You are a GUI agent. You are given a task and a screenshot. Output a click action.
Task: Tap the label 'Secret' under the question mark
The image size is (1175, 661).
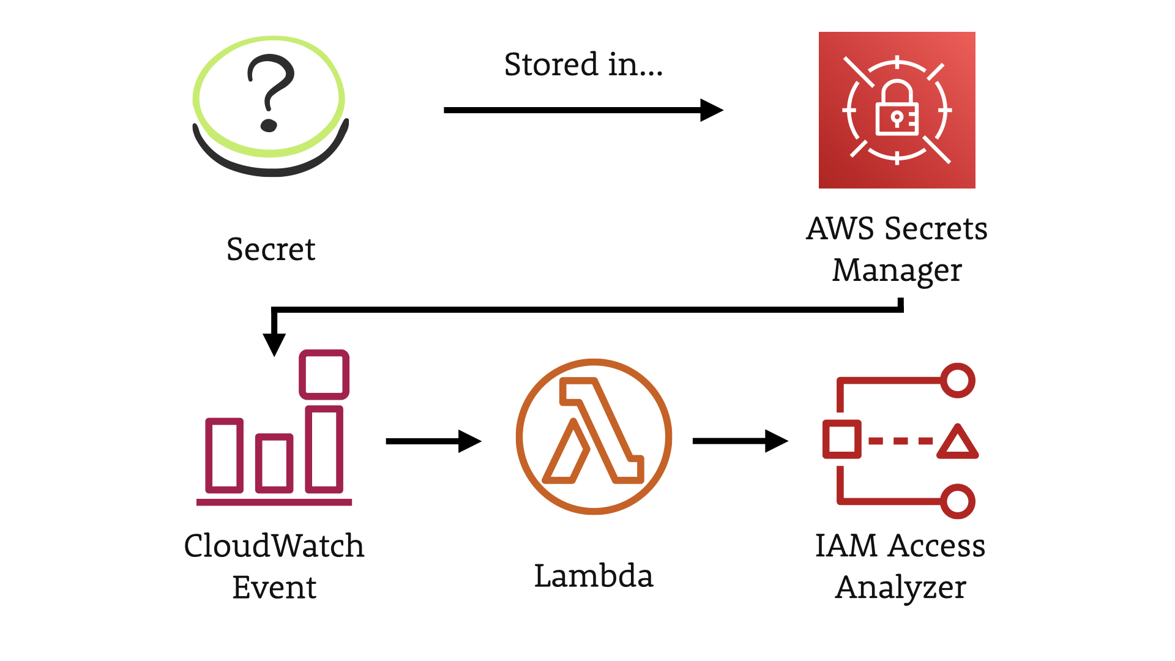click(271, 249)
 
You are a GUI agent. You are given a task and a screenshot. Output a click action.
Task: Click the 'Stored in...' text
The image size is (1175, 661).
click(583, 64)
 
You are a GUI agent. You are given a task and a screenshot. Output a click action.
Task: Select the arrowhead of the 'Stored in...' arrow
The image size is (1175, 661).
click(712, 110)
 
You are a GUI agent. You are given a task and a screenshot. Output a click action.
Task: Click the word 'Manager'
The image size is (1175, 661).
click(897, 271)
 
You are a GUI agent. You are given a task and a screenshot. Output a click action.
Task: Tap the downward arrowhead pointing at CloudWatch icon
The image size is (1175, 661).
click(274, 345)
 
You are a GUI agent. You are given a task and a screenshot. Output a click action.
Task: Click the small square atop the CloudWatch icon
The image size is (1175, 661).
click(324, 375)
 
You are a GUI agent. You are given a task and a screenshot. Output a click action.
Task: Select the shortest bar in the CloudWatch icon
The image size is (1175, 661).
click(274, 463)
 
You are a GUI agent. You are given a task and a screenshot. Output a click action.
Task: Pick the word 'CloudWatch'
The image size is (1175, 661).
click(274, 545)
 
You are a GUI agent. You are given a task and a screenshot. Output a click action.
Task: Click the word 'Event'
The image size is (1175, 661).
click(274, 588)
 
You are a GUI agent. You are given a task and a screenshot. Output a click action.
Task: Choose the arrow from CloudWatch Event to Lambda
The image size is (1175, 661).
click(434, 441)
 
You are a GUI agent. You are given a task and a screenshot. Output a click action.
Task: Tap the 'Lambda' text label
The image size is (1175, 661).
click(594, 576)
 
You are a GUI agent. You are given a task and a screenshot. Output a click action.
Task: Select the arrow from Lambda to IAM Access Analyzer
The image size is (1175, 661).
click(740, 441)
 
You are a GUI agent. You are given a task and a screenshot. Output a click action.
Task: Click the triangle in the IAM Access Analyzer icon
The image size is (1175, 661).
click(958, 443)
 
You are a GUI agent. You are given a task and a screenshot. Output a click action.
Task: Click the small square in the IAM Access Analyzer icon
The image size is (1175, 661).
click(842, 439)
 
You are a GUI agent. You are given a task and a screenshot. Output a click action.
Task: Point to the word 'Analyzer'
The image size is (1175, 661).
click(900, 588)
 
